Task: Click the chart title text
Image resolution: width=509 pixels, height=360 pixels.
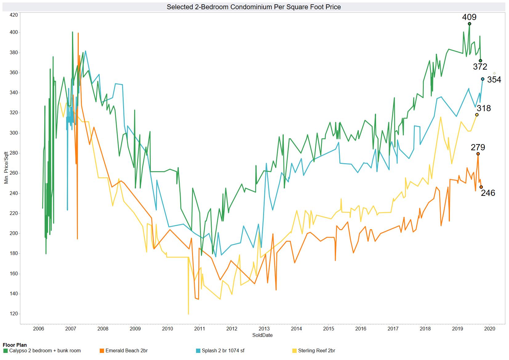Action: (254, 7)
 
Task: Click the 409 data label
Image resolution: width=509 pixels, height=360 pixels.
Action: (469, 17)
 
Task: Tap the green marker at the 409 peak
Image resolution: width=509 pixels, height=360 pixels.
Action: (469, 24)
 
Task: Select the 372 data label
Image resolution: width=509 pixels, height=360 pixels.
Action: (480, 67)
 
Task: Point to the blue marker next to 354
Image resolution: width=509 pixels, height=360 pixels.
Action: (483, 79)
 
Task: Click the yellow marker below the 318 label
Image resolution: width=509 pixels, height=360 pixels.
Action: (477, 115)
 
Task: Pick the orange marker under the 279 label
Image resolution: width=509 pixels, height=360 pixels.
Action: (478, 154)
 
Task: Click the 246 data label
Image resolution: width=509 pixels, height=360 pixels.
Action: (488, 193)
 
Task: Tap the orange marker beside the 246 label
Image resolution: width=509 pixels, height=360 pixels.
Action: (481, 187)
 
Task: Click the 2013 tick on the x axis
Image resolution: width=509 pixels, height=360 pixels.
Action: (264, 329)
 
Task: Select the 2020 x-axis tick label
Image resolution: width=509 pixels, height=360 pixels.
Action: (489, 329)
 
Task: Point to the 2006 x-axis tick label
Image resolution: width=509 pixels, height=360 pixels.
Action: (38, 329)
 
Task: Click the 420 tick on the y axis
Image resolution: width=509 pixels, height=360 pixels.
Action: (14, 14)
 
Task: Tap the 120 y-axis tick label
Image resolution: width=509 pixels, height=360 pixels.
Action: (14, 314)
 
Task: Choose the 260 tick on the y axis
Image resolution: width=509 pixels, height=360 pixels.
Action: (14, 173)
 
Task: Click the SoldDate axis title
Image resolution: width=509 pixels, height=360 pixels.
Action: (262, 335)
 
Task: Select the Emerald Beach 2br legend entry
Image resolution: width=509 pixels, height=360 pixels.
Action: (126, 350)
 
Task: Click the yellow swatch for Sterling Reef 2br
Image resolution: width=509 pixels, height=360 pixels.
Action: (295, 350)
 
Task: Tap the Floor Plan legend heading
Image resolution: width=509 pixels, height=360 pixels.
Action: (14, 345)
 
